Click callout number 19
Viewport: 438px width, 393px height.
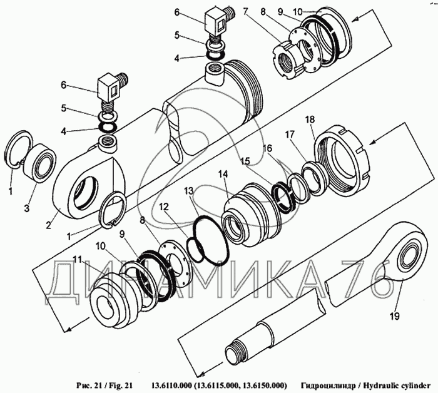395,316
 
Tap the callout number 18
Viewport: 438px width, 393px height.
310,120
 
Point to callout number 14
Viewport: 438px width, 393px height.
223,174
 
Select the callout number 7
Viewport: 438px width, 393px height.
245,12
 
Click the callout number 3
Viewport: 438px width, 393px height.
26,208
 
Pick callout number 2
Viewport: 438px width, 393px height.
49,225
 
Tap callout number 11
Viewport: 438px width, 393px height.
78,260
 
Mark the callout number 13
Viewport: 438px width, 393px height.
188,191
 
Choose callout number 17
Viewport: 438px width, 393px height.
290,135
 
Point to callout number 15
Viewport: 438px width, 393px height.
246,161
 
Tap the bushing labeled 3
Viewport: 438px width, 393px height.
39,163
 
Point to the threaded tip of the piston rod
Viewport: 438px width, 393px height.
235,352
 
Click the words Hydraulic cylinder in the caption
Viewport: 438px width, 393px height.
398,385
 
